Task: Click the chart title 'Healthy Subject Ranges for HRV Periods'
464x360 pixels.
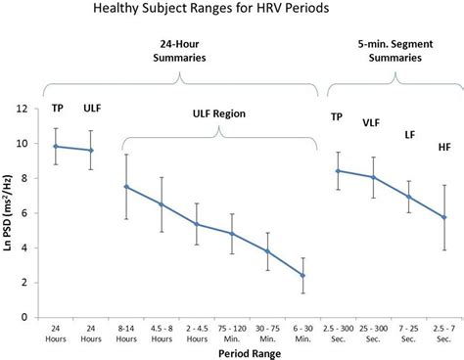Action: point(231,11)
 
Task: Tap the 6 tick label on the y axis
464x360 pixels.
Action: point(37,213)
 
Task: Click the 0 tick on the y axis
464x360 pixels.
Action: point(37,318)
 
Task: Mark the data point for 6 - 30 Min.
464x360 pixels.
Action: point(302,276)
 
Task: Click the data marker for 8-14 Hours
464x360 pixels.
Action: point(126,187)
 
